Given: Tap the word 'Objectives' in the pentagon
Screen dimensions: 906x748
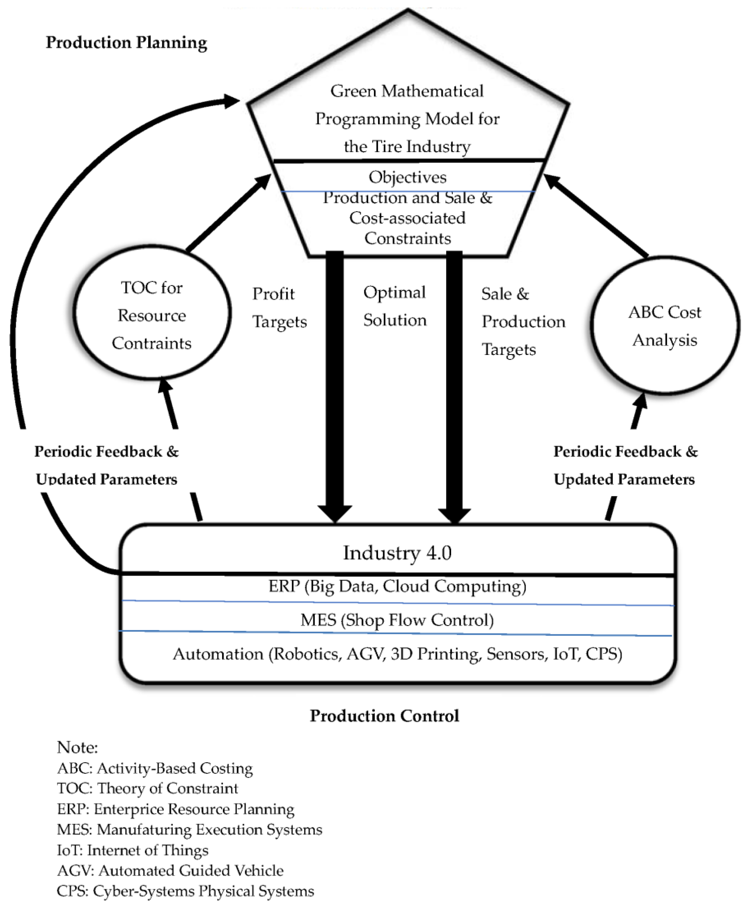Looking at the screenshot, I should click(407, 177).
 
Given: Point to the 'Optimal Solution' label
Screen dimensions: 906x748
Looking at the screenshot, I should click(394, 306).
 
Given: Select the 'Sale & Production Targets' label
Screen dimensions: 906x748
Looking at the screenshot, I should click(523, 321).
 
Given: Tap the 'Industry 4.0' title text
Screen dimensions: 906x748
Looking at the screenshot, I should click(397, 553).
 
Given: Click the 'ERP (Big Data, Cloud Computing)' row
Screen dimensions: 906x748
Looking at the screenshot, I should click(397, 586).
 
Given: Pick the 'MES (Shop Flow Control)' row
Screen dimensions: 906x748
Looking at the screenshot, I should click(397, 620).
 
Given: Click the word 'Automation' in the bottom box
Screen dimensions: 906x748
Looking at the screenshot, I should click(218, 654).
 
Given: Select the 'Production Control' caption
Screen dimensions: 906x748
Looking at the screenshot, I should click(384, 716).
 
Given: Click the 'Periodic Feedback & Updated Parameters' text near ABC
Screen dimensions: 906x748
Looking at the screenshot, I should click(625, 465).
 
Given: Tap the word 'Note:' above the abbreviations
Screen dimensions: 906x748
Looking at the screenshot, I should click(78, 747).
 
